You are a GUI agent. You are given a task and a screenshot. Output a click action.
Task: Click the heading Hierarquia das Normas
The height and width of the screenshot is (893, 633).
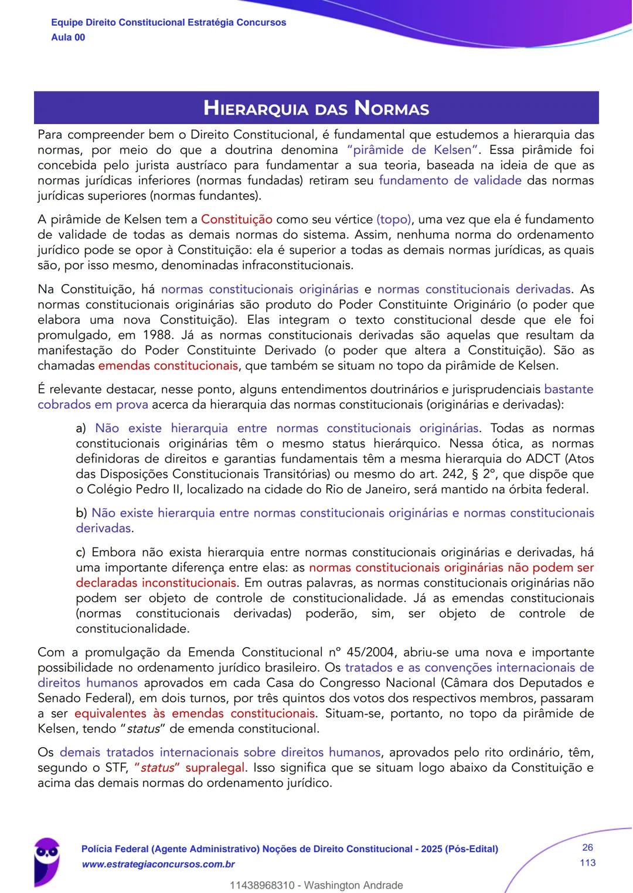[316, 108]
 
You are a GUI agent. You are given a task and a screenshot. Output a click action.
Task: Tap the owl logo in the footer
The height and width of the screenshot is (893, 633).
[47, 858]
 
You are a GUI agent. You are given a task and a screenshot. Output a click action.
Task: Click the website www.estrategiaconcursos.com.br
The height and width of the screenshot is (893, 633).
[158, 864]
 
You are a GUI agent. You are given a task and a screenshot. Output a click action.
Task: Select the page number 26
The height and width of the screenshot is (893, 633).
[587, 847]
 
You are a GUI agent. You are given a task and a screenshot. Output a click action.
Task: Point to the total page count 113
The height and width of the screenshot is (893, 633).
[587, 863]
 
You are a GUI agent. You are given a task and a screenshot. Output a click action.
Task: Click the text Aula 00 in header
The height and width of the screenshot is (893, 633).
[68, 37]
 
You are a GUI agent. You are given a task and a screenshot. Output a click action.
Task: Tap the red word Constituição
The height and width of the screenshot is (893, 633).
[236, 220]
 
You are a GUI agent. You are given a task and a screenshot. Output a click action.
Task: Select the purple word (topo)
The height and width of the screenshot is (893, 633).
[394, 220]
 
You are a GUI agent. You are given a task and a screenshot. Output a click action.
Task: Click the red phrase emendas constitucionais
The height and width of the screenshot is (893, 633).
[168, 366]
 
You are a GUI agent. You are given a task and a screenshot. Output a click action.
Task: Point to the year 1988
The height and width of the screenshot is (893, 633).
[140, 336]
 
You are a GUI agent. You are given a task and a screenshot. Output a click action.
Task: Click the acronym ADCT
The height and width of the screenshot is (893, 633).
[543, 459]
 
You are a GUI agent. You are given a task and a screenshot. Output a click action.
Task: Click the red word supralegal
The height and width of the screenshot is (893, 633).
[216, 768]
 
